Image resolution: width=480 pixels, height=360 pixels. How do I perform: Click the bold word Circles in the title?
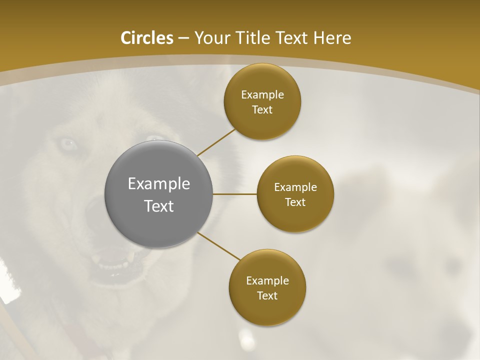point(146,38)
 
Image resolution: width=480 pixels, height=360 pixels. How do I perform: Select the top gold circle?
point(262,101)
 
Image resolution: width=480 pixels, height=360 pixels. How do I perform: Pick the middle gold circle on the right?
point(295,194)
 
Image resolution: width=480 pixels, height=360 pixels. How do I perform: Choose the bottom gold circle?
point(267,287)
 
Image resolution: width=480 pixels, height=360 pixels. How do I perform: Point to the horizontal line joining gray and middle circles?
point(234,194)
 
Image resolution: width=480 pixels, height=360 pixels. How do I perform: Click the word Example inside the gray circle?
point(159,184)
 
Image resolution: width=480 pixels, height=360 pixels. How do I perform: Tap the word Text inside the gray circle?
point(159,206)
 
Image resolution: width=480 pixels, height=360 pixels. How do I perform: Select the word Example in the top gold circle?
point(262,94)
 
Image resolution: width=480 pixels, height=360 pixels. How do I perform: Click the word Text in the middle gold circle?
point(295,202)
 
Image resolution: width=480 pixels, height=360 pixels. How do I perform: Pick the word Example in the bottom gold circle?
point(267,280)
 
